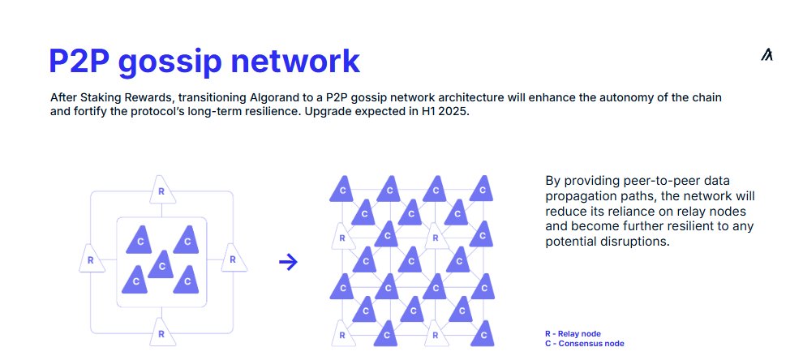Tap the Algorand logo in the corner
767,55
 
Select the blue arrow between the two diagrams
288,262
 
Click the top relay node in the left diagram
161,191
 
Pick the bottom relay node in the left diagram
161,332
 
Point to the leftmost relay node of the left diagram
90,259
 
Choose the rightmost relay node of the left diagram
232,259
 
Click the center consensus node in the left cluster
162,264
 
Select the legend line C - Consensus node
585,343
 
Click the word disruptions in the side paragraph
637,242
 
